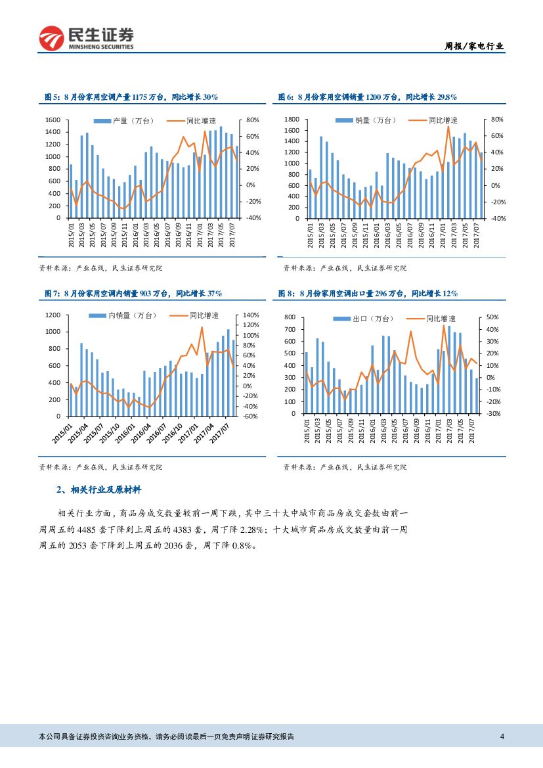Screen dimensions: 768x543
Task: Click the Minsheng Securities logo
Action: [87, 38]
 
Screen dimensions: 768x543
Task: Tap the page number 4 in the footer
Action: [502, 736]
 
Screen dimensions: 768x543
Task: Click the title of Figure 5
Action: [131, 97]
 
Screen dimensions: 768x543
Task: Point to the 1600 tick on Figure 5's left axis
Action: [53, 120]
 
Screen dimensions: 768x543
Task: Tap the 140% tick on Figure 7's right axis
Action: [251, 315]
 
